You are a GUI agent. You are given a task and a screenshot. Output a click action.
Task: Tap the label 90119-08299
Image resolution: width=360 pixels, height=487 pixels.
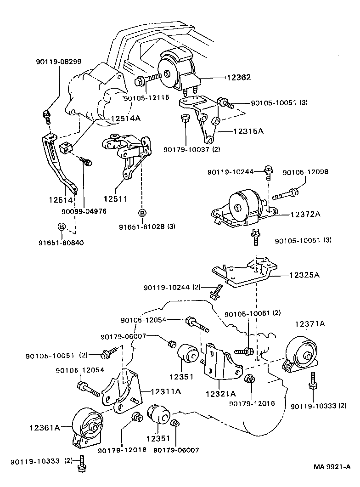59,62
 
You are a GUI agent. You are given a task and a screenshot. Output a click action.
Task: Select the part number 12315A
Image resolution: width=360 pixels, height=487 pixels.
248,131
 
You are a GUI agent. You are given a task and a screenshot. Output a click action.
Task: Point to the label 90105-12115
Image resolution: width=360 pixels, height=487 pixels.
146,97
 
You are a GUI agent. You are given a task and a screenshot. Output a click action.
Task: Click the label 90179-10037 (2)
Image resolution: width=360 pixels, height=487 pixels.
192,149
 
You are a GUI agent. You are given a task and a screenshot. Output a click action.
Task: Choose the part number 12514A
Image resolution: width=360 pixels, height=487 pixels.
125,118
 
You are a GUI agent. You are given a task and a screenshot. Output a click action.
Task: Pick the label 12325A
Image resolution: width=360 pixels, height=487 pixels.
304,276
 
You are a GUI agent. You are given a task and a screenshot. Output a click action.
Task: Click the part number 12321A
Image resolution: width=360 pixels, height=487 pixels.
220,393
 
